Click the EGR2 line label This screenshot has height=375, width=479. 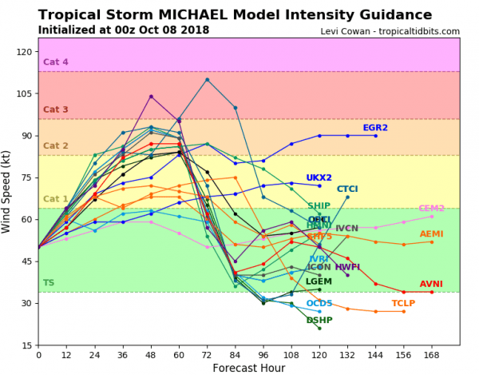[x=375, y=128]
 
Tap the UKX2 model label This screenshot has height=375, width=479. [x=319, y=178]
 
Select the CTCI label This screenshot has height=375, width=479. [x=347, y=189]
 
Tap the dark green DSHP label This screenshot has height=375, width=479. [x=319, y=321]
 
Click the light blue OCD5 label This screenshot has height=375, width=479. [x=319, y=304]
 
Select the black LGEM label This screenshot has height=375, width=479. [x=319, y=282]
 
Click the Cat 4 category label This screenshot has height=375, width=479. [x=56, y=62]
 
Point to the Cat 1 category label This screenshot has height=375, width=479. [x=56, y=199]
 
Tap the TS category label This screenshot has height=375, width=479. [x=49, y=283]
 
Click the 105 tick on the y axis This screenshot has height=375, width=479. [x=22, y=94]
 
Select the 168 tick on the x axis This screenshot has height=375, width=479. [x=432, y=354]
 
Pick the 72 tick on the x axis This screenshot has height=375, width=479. [x=207, y=354]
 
